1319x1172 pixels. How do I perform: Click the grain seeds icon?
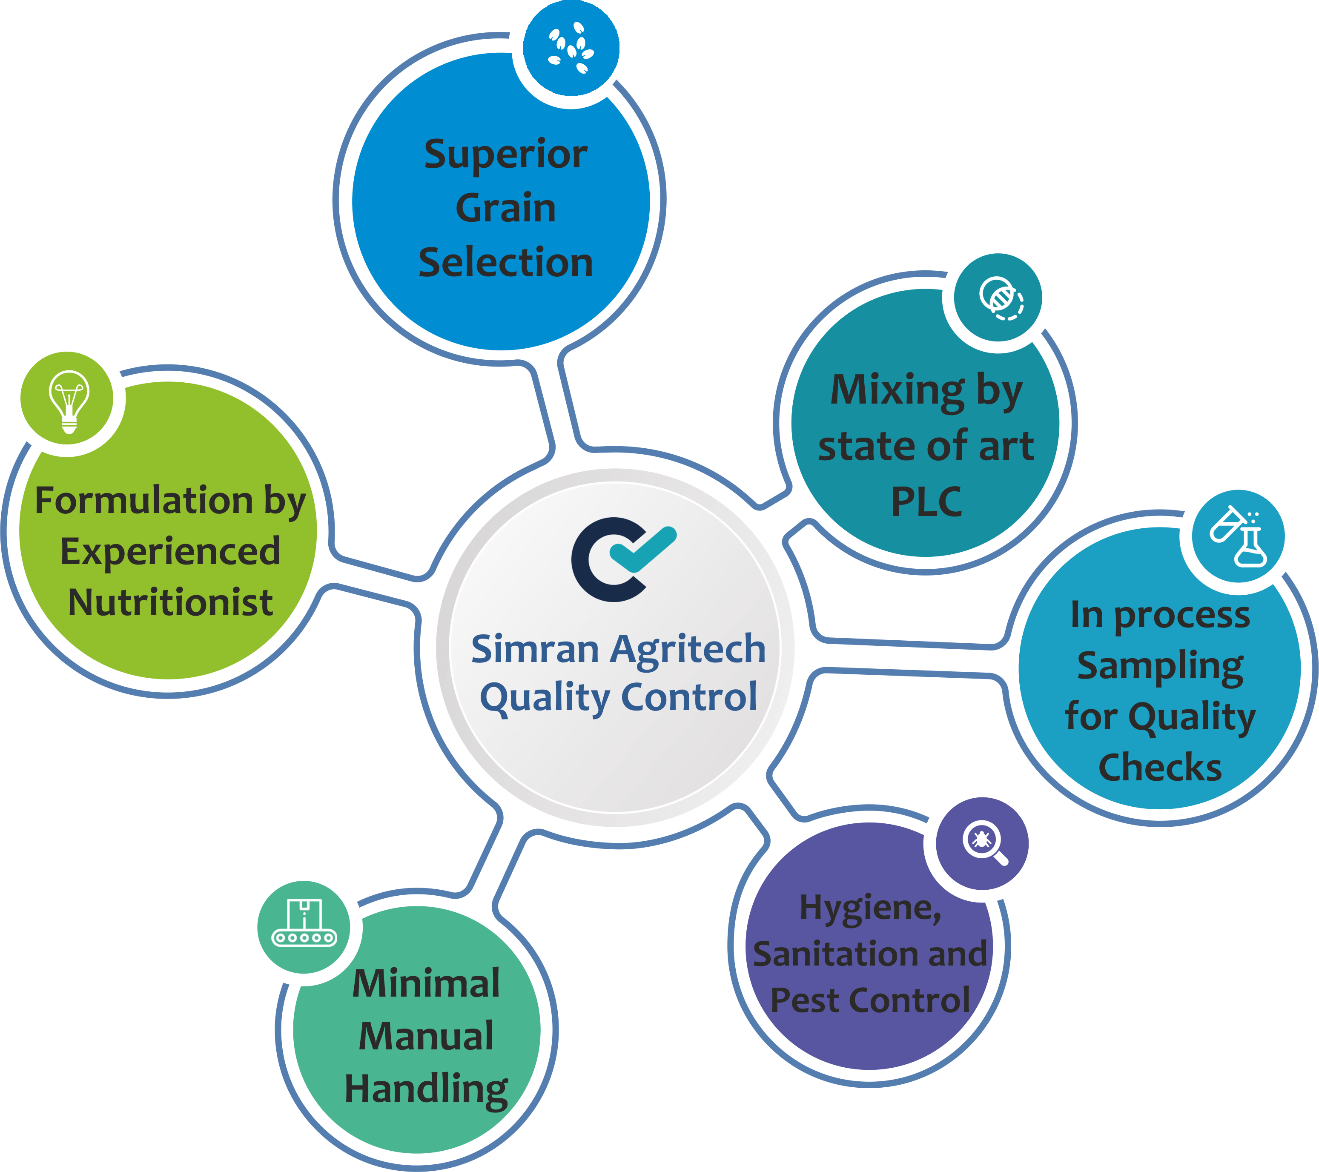571,49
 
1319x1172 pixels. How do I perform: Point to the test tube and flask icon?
1238,537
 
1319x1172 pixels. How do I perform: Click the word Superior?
505,155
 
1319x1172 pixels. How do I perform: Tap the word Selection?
505,263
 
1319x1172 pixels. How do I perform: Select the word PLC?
926,501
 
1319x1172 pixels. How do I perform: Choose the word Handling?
426,1089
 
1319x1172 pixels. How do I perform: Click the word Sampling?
1160,666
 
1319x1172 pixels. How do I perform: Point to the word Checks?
1160,767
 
